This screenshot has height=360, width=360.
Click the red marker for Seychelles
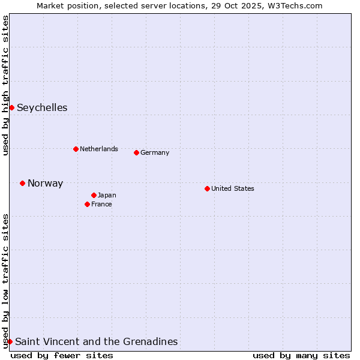point(11,107)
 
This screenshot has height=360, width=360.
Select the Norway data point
point(22,183)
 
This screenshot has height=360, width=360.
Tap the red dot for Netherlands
point(76,149)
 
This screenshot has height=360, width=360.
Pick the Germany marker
point(136,152)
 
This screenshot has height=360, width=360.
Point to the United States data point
point(207,188)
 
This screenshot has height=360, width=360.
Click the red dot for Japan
point(94,195)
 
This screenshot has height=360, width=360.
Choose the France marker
point(87,204)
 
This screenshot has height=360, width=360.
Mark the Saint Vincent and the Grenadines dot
point(10,341)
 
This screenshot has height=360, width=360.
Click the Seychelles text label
point(42,108)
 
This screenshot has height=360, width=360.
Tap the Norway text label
point(45,184)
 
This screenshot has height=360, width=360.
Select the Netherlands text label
point(99,149)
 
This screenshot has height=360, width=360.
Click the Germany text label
point(155,152)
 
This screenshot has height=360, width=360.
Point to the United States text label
point(233,188)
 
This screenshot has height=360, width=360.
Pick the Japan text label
point(107,195)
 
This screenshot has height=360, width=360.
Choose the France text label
point(101,204)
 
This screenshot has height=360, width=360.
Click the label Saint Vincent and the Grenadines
point(96,342)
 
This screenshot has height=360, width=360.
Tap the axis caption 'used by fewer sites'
point(62,355)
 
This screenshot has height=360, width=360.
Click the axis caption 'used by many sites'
point(301,355)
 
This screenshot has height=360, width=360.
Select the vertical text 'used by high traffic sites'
point(5,85)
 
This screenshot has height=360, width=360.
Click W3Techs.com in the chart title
point(293,5)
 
